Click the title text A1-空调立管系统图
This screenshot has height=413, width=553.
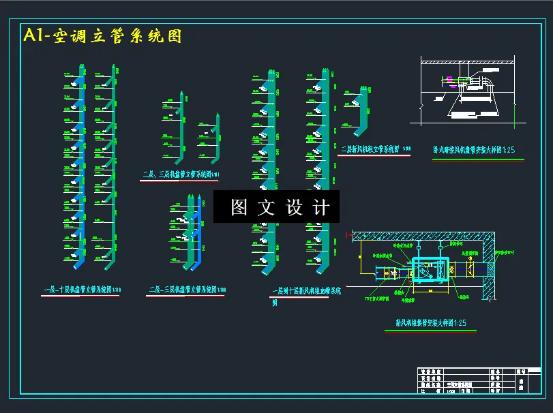tap(102, 36)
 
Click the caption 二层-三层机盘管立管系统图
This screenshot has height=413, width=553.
tap(187, 290)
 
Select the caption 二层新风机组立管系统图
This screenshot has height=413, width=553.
tap(371, 149)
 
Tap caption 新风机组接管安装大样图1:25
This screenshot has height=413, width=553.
tap(430, 322)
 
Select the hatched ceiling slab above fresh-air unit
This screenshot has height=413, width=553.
tap(423, 235)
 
